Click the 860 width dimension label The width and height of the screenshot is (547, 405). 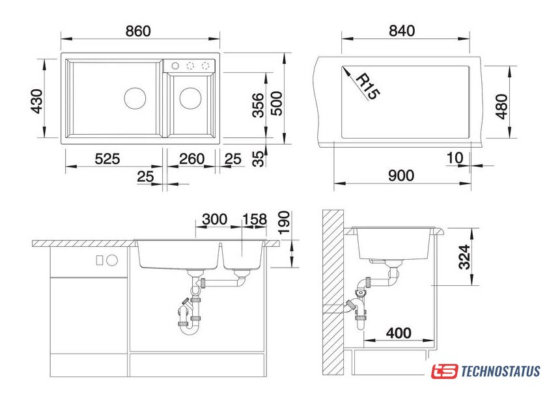(x=138, y=31)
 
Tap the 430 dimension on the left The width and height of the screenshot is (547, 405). (x=37, y=101)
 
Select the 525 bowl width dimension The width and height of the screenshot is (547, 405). (x=107, y=159)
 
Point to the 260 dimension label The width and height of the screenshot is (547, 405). (x=191, y=159)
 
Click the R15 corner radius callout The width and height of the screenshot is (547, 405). (x=367, y=86)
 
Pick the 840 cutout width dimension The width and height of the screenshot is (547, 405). (x=402, y=31)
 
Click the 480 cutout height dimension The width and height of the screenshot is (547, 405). (x=501, y=106)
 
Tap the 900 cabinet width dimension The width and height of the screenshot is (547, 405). (x=401, y=175)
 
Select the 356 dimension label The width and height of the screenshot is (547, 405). (x=258, y=105)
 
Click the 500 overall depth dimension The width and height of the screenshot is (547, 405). (x=277, y=104)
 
